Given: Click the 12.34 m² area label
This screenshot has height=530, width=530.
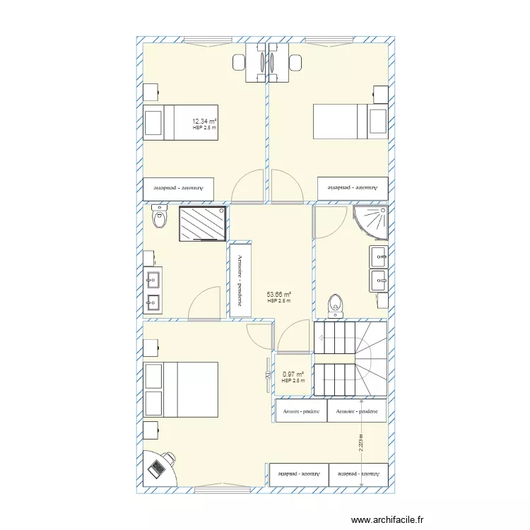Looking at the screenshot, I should (x=205, y=122).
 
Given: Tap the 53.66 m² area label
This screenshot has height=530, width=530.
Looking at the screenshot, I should (x=279, y=295).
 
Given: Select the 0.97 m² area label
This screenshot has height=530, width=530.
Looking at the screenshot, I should (x=293, y=375).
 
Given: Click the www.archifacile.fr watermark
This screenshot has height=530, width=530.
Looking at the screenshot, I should (x=388, y=520).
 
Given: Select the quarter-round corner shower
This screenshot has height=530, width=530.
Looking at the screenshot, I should (x=372, y=220).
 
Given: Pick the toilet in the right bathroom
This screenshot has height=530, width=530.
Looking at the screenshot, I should (x=336, y=304).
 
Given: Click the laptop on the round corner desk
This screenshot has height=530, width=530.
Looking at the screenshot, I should (x=157, y=469).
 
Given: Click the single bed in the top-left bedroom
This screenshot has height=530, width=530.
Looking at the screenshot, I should (x=179, y=122).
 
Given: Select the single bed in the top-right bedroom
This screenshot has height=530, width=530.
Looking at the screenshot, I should (x=350, y=122).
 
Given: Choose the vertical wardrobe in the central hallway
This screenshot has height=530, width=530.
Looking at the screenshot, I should (x=239, y=280).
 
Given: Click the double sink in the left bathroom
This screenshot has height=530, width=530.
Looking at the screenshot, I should (x=152, y=291).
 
